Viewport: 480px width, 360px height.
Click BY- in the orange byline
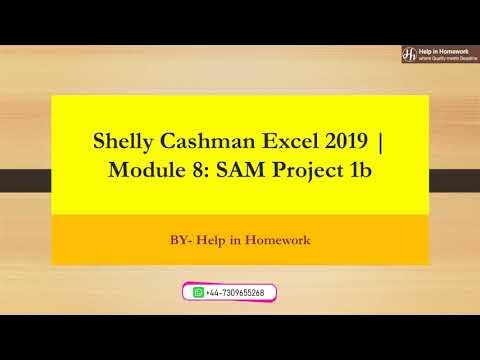coord(181,240)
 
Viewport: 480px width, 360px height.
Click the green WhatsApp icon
coord(198,292)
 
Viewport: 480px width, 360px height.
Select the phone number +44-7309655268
coord(236,292)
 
